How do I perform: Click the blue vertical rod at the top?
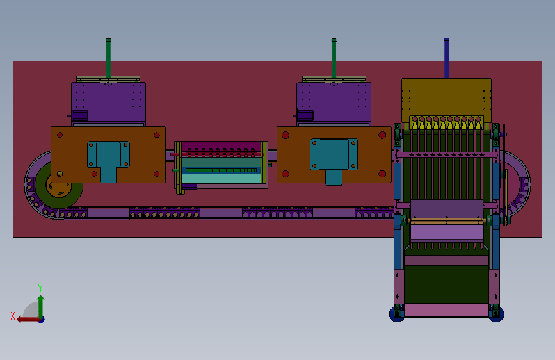click(x=447, y=58)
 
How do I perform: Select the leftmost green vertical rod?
click(x=108, y=58)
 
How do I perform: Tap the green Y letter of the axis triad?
click(x=40, y=288)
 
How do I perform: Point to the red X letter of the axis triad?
click(x=13, y=316)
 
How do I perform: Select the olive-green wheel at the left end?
click(x=59, y=185)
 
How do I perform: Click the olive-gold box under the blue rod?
click(x=446, y=101)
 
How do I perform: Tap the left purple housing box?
click(x=108, y=102)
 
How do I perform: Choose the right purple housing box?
click(x=334, y=102)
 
